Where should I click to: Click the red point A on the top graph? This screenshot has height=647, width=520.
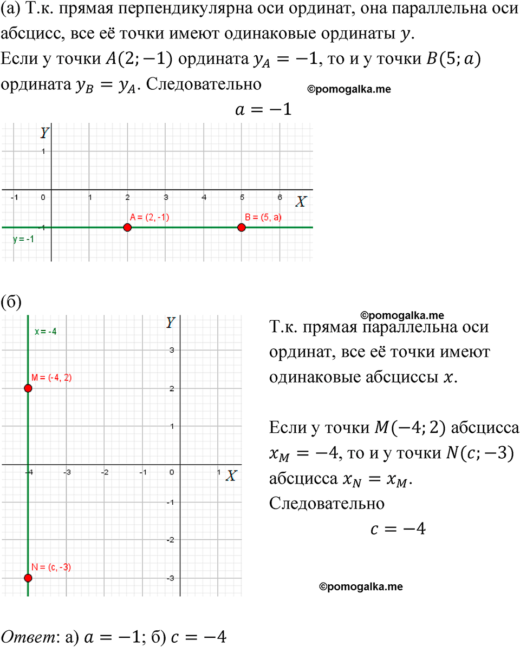point(127,227)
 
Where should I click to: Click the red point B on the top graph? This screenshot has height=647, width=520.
point(242,227)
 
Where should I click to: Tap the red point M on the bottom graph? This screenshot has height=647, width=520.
point(28,388)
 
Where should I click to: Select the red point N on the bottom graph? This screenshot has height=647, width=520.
point(28,578)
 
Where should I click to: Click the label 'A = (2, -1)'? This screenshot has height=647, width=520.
point(149,217)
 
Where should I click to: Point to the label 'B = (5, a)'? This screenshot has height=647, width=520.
point(263,217)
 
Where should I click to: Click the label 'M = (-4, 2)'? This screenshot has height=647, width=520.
point(51,378)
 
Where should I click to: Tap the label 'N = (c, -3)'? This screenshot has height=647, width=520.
point(51,567)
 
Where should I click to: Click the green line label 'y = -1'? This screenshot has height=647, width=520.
point(23,239)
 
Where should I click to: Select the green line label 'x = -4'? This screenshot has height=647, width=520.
point(45,332)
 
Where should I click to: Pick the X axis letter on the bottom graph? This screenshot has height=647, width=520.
point(231,476)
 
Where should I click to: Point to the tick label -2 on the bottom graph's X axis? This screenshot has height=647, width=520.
point(105,472)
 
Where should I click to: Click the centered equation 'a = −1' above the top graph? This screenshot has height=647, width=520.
point(263,110)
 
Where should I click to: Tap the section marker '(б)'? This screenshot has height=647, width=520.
point(11,301)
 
